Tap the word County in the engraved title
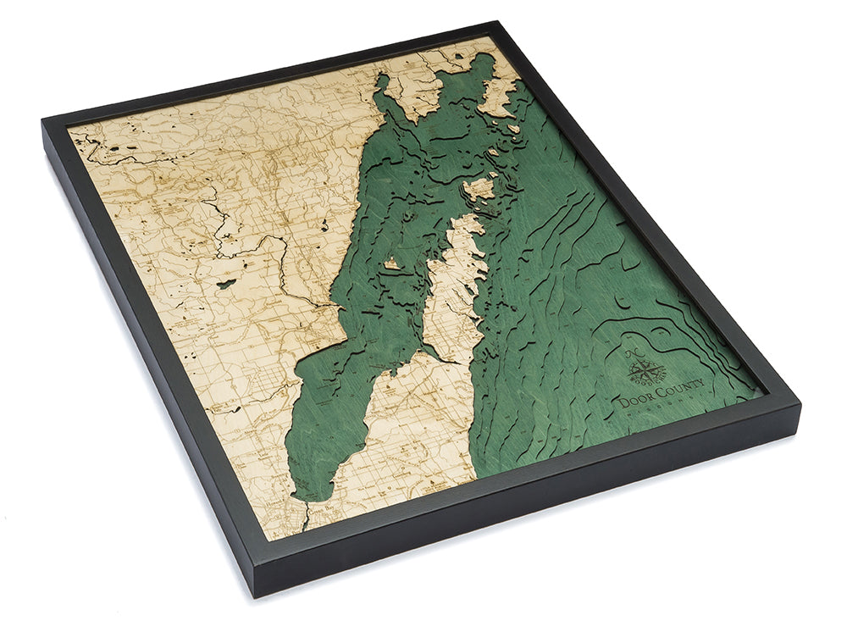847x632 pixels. pos(674,394)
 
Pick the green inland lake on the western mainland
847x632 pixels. pos(224,283)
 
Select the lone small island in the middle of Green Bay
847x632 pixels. pos(392,265)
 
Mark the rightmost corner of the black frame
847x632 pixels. pos(799,405)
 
